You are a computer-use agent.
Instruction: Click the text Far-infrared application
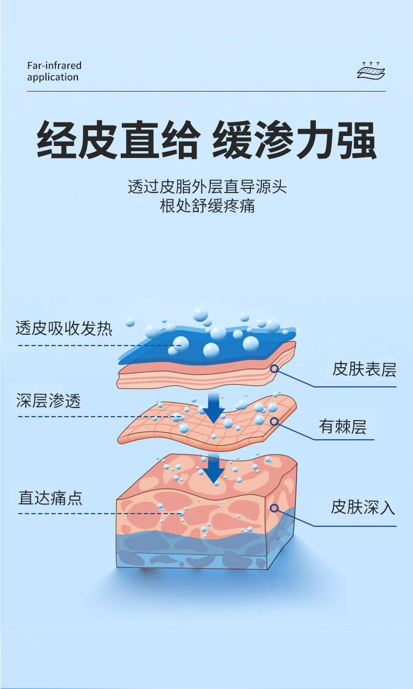(x=54, y=71)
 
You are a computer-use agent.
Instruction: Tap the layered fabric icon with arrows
(x=371, y=70)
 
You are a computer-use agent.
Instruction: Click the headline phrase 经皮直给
(x=118, y=140)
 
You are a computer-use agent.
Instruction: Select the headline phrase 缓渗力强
(x=294, y=140)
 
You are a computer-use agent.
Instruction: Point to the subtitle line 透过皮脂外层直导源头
(x=207, y=186)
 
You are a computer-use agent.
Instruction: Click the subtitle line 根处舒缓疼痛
(x=207, y=206)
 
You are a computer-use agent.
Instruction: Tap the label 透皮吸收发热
(x=64, y=328)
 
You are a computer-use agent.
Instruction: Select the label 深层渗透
(x=49, y=401)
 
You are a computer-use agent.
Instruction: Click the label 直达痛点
(x=51, y=497)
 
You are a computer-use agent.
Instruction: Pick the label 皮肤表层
(x=364, y=369)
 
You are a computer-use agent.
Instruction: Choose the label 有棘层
(x=342, y=427)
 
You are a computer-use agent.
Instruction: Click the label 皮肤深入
(x=363, y=506)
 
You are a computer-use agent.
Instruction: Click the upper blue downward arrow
(x=213, y=408)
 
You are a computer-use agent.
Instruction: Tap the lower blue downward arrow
(x=213, y=469)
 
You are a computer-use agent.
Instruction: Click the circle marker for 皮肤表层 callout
(x=274, y=369)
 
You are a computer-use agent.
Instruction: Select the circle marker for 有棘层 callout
(x=274, y=421)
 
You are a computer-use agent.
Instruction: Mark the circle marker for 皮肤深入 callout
(x=274, y=507)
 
